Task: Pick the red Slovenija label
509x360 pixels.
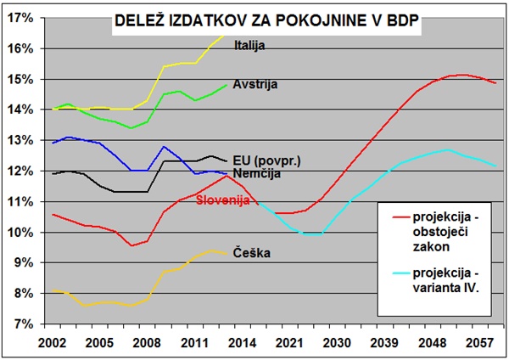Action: click(x=222, y=200)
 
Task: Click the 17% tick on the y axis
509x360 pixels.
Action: click(x=20, y=18)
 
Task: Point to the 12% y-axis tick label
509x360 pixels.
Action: click(x=20, y=171)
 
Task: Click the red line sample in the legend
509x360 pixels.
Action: click(x=394, y=217)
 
